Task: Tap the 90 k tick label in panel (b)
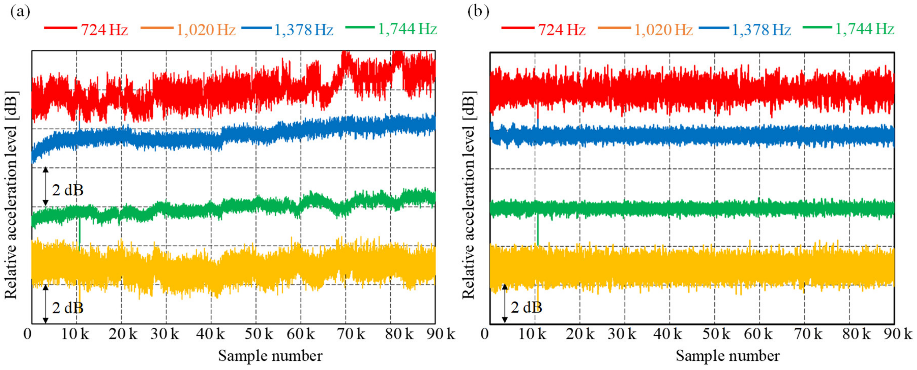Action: point(898,334)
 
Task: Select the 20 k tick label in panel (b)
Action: point(580,334)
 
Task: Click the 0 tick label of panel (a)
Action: point(27,334)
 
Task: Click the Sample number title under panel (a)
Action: point(270,356)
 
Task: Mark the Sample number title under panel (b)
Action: point(728,356)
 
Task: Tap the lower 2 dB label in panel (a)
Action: point(68,308)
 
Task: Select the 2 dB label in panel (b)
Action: point(526,307)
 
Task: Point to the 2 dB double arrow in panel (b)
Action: point(504,303)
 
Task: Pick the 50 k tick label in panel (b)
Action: point(716,334)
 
